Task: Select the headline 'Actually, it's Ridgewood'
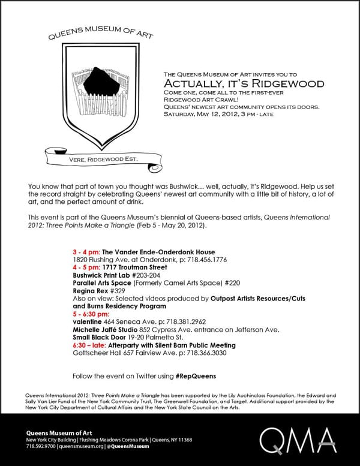(244, 83)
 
